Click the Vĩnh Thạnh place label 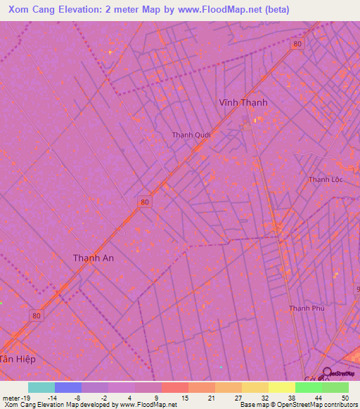coord(243,102)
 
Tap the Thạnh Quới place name coord(191,135)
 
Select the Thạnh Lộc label coord(324,180)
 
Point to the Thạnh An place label coord(94,258)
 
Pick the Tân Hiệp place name coord(17,359)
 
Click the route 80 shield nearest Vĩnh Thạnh coord(298,44)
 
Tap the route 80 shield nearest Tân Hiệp coord(37,316)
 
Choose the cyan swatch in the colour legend coord(41,387)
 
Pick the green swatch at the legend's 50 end coord(335,387)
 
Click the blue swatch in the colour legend coord(67,387)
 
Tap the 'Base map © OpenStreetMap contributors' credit coord(298,405)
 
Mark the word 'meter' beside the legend coord(11,398)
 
